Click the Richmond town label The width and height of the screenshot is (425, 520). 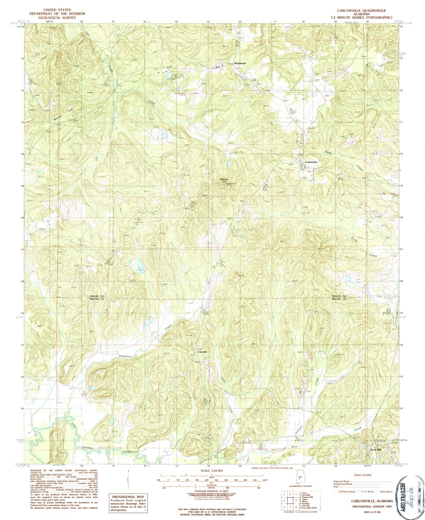tap(240, 63)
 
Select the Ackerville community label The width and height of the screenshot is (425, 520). tap(202, 352)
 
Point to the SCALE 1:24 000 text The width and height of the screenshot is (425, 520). tap(208, 471)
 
